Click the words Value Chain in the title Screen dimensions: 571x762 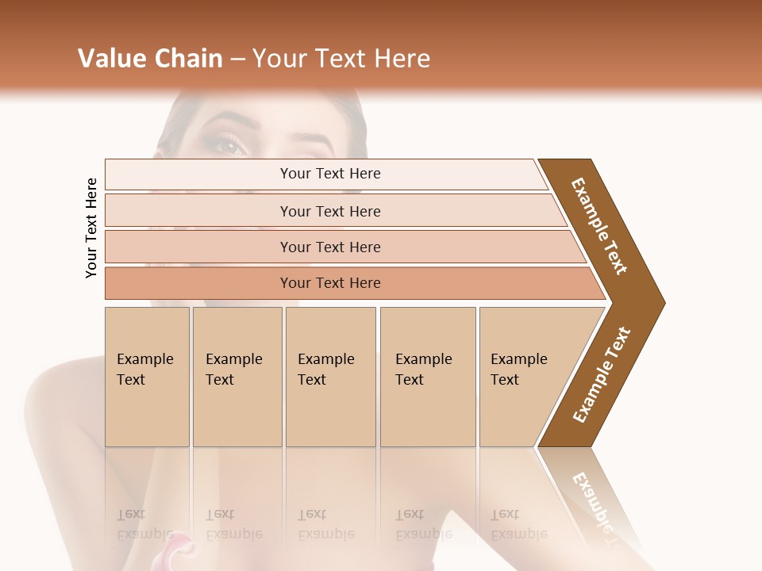coord(150,59)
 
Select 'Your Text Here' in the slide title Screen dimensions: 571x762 coord(341,59)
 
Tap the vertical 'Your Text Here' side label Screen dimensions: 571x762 coord(91,228)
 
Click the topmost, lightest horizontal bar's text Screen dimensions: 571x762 coord(330,174)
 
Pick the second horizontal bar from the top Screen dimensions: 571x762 coord(330,211)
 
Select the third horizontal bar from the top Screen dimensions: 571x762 coord(330,247)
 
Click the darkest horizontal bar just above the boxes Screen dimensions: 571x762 coord(330,283)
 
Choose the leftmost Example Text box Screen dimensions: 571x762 coord(147,376)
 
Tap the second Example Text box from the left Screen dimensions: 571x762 coord(237,376)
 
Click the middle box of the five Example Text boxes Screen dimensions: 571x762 coord(330,376)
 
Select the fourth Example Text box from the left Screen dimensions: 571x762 coord(427,376)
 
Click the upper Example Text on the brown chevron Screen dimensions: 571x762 coord(599,226)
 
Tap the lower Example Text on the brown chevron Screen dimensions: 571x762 coord(602,374)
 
